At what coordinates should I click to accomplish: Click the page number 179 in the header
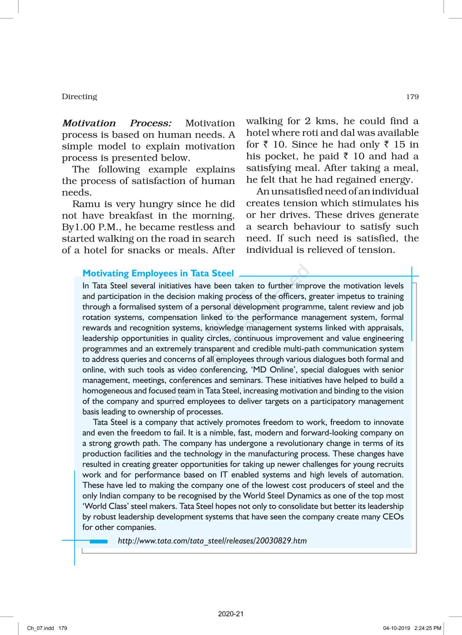click(x=412, y=97)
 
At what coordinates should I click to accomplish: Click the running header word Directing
click(x=79, y=97)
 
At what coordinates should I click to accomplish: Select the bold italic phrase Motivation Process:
click(x=117, y=123)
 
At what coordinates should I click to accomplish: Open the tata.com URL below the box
click(x=212, y=541)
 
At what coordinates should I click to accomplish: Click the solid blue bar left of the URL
click(x=99, y=542)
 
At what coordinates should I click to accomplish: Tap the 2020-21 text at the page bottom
click(x=231, y=614)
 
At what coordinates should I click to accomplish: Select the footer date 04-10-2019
click(x=397, y=628)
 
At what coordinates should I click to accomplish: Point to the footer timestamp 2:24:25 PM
click(x=428, y=628)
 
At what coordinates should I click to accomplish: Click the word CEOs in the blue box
click(x=393, y=517)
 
